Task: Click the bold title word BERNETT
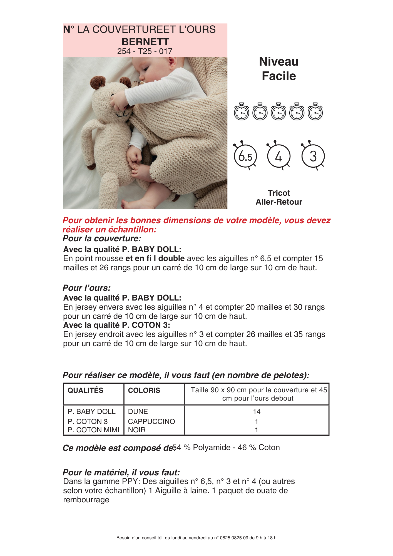(145, 42)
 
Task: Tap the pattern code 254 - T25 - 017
(145, 51)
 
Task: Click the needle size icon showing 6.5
(245, 156)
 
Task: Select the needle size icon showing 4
(279, 156)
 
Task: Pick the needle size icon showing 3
(313, 156)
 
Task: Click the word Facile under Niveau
(279, 76)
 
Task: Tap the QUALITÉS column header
(85, 390)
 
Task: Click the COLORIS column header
(144, 390)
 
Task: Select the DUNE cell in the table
(138, 411)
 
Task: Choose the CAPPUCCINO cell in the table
(151, 421)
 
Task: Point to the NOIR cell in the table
(137, 430)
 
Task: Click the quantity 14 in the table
(257, 411)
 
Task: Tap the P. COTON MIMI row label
(93, 430)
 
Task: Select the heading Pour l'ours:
(87, 288)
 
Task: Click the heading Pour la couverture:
(102, 239)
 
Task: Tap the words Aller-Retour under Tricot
(279, 202)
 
